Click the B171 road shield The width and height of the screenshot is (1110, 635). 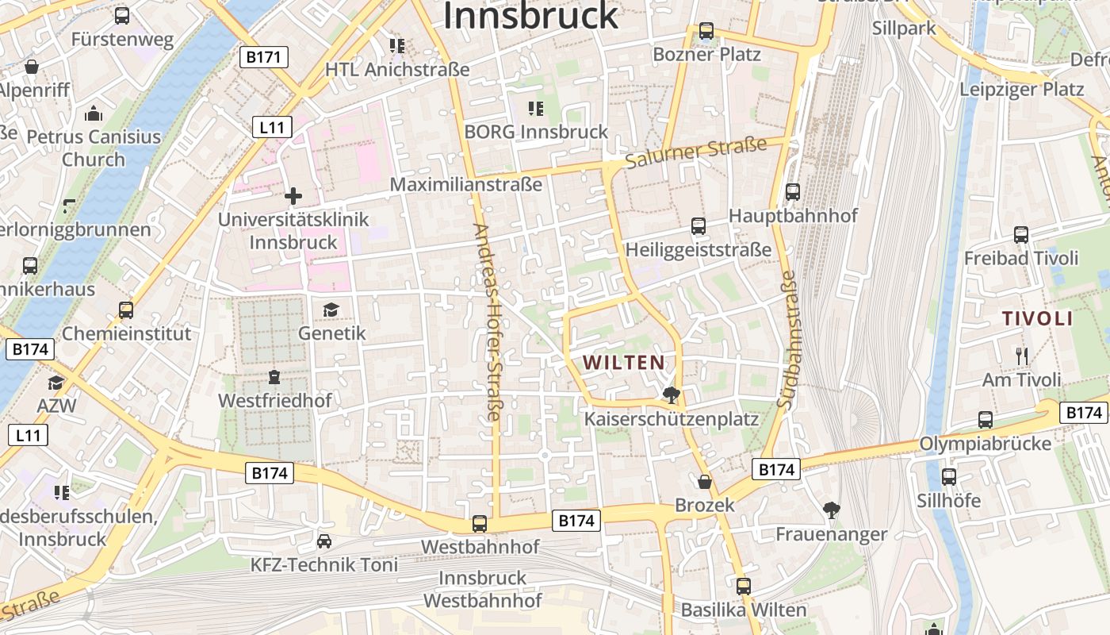[264, 57]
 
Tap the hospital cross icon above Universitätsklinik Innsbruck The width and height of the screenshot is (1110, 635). [293, 195]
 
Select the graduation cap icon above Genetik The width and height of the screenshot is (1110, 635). [331, 310]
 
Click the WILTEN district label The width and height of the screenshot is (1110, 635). [624, 363]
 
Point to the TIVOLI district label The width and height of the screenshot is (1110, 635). [1037, 319]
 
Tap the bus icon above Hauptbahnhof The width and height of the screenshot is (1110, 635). [792, 191]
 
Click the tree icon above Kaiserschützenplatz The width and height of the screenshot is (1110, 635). [672, 394]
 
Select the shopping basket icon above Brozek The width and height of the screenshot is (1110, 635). [704, 482]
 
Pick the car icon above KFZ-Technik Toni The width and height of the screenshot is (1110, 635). [323, 541]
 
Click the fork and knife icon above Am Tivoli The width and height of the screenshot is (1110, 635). [1021, 356]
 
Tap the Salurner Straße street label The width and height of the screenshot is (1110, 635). [695, 153]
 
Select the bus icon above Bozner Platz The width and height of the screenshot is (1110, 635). [706, 31]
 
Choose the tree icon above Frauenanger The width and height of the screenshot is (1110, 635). [831, 510]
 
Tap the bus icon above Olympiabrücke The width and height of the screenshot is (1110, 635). [986, 420]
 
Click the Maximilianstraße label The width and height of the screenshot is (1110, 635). [466, 184]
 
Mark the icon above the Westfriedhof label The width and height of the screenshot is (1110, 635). [274, 376]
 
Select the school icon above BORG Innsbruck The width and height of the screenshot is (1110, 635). [536, 108]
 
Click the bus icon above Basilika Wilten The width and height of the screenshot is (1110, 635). [743, 587]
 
